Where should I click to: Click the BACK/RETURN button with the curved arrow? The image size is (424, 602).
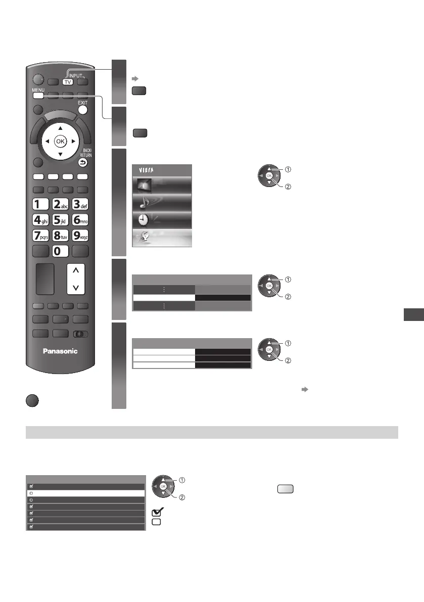pos(83,163)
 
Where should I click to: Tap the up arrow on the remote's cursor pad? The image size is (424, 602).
pos(60,128)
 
